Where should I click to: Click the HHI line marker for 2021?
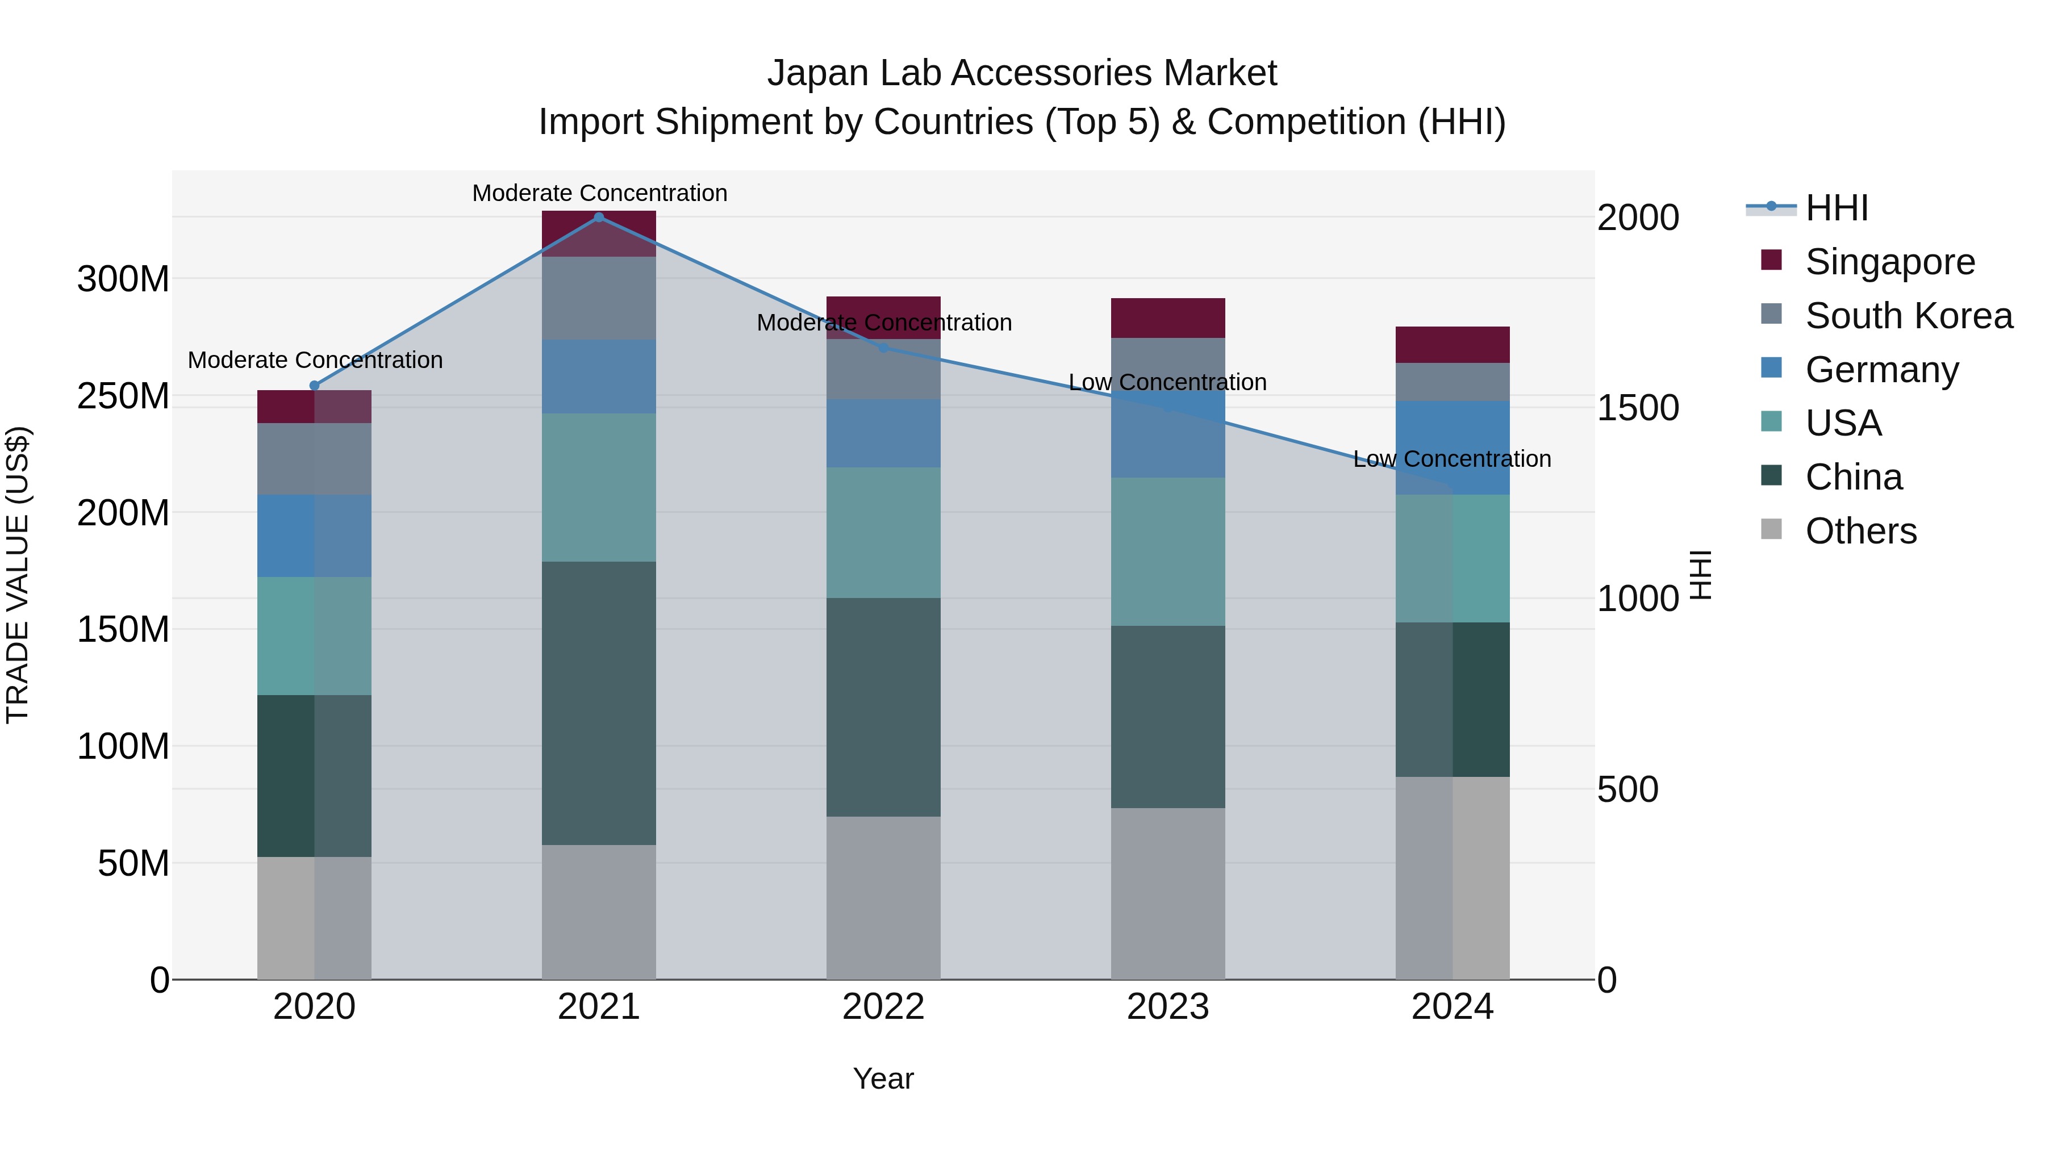pos(599,217)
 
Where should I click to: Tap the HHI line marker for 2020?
pos(314,386)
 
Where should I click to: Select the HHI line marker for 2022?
pos(883,348)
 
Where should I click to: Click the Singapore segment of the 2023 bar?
pos(1168,318)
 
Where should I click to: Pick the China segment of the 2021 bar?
pos(599,703)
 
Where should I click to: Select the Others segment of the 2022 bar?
pos(883,898)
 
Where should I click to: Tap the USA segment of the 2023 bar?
pos(1168,551)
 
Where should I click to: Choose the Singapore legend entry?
pos(1889,262)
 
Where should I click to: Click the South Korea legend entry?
pos(1909,316)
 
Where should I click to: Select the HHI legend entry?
pos(1835,208)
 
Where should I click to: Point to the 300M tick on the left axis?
pos(123,279)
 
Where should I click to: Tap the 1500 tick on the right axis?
pos(1638,408)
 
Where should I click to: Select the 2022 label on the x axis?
pos(883,1007)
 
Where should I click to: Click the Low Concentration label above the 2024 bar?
pos(1452,459)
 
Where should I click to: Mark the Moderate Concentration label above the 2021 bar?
pos(599,193)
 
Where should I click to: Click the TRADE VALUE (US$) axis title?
pos(18,575)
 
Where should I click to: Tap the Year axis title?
pos(883,1078)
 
